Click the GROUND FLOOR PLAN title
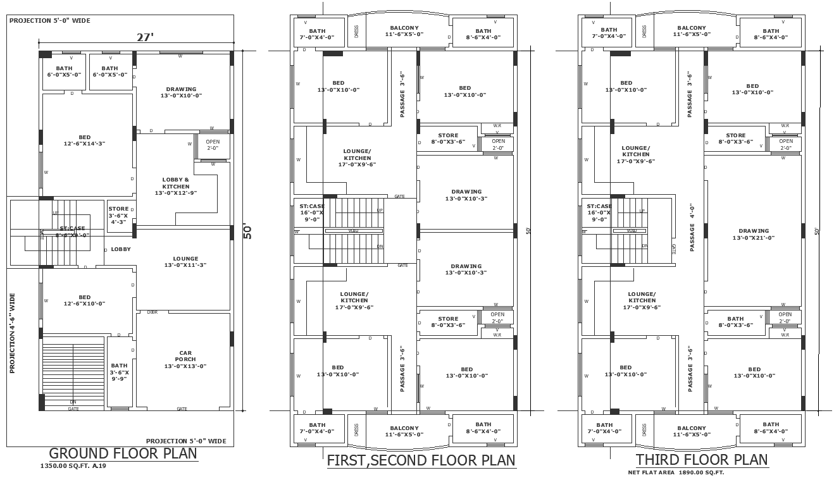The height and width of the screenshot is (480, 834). [x=123, y=453]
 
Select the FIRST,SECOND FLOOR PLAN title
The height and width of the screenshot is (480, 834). [x=421, y=460]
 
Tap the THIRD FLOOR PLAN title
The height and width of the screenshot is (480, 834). [x=702, y=460]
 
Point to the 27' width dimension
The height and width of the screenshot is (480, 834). [x=146, y=37]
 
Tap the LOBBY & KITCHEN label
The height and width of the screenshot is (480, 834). [x=176, y=186]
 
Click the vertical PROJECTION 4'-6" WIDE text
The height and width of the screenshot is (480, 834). [x=12, y=333]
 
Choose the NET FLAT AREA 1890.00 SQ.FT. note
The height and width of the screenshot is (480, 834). [x=676, y=472]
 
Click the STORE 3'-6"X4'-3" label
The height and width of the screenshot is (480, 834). [x=118, y=215]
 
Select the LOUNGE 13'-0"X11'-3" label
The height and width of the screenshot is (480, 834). [x=185, y=262]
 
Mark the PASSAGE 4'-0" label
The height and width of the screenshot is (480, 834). [x=692, y=227]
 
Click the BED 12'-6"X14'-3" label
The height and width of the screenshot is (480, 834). [x=84, y=140]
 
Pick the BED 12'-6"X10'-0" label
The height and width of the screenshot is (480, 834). [x=84, y=300]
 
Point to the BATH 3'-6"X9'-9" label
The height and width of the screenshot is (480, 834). [x=119, y=372]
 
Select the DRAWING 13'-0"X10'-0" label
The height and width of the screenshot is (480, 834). [x=181, y=92]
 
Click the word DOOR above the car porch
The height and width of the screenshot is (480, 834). [x=152, y=312]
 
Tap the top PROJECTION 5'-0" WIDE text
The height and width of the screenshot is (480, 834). [x=50, y=21]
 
